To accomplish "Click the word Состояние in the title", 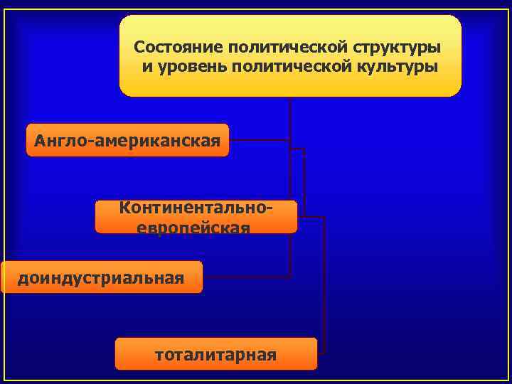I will tap(178, 48).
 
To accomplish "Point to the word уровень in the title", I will tap(186, 67).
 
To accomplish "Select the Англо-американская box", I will tap(127, 140).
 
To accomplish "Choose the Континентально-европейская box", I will tap(196, 217).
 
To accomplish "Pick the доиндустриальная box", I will tap(102, 277).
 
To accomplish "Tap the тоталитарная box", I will tap(215, 353).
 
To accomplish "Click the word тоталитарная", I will tap(215, 354).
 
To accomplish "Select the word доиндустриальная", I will tap(101, 277).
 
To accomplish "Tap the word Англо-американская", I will tap(127, 140).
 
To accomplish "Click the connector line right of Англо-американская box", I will tap(259, 140).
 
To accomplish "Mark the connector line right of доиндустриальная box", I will tap(245, 277).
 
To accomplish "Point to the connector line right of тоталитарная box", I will tap(321, 353).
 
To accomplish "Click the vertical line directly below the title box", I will tap(290, 114).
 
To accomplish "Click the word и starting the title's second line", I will tap(146, 68).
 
